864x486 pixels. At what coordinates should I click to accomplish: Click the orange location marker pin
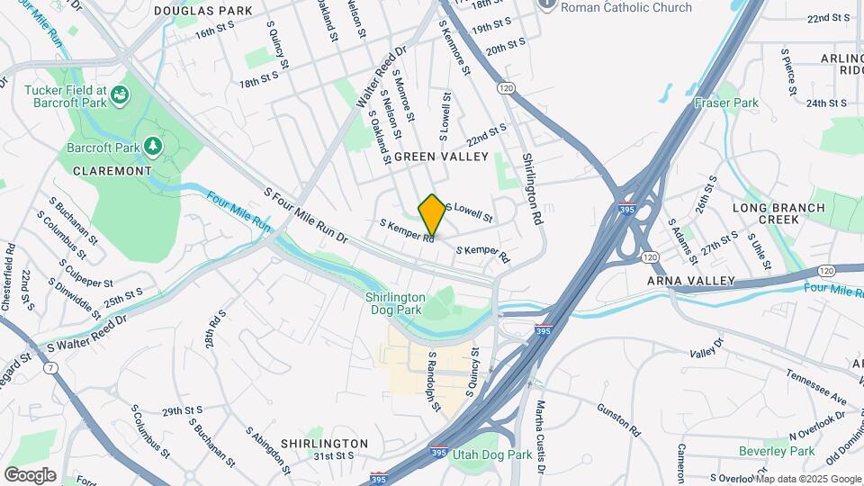[432, 214]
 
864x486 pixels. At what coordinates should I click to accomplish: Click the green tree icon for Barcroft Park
[153, 145]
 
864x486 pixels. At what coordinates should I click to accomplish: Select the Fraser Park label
[726, 103]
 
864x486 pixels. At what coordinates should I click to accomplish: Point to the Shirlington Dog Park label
[395, 304]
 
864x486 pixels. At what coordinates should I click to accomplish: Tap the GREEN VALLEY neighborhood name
[441, 157]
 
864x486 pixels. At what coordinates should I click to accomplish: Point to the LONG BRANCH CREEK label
[778, 213]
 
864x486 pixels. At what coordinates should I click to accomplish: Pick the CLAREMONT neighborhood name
[112, 170]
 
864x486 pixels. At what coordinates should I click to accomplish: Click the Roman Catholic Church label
[626, 7]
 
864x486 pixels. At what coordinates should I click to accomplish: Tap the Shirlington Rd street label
[534, 189]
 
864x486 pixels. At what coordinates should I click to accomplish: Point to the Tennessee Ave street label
[816, 386]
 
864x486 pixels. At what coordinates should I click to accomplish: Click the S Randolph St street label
[434, 382]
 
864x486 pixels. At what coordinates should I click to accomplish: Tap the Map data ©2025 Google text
[806, 479]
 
